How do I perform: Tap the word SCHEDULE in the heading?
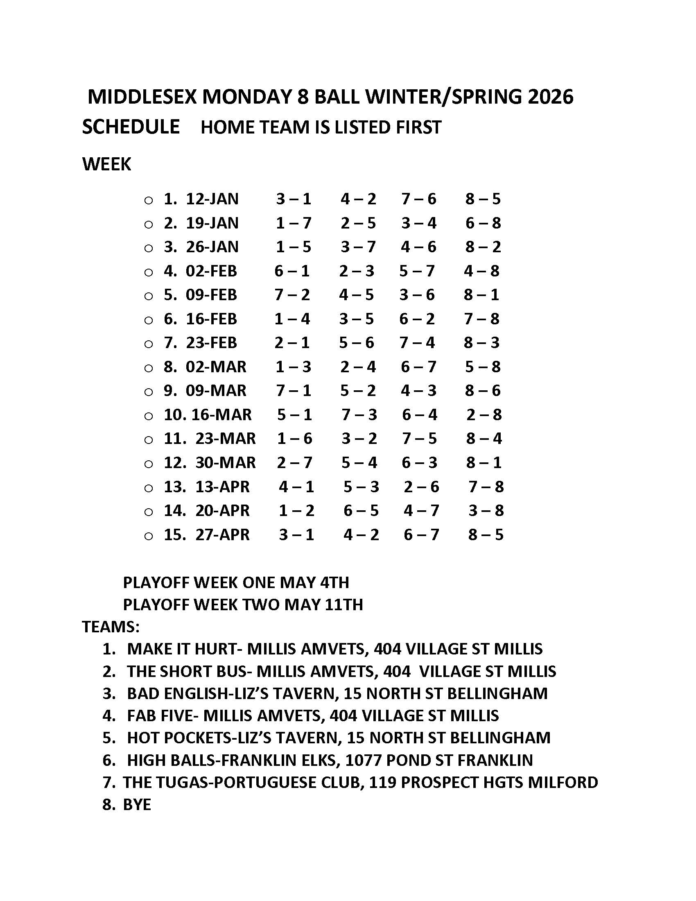click(131, 127)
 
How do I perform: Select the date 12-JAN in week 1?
click(212, 199)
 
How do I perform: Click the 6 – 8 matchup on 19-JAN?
click(483, 223)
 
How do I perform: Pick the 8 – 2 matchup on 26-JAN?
click(483, 247)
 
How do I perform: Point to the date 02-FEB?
click(211, 271)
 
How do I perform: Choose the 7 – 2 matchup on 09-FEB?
click(292, 295)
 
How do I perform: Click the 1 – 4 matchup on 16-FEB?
click(292, 319)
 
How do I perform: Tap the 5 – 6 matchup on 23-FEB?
click(356, 343)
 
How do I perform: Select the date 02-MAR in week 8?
click(216, 367)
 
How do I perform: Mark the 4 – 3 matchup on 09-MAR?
click(418, 391)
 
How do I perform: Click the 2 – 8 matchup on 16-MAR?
click(484, 414)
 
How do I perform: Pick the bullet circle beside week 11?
click(149, 440)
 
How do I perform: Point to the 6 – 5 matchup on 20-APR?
click(361, 511)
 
